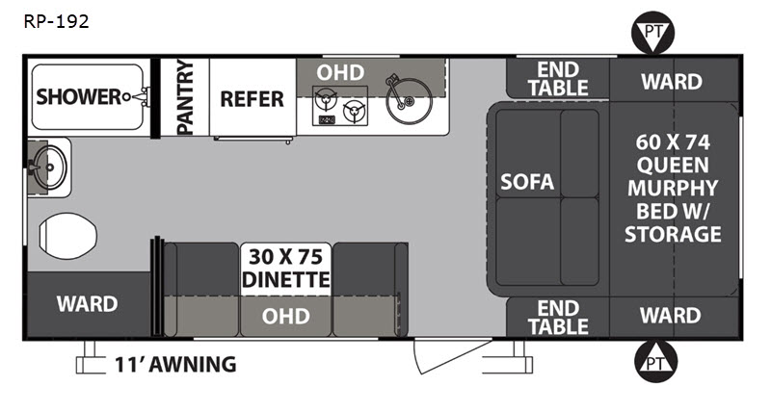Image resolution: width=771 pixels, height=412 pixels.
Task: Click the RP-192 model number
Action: tap(57, 21)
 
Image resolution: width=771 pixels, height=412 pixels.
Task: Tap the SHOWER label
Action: tap(78, 96)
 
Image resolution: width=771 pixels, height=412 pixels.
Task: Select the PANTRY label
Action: tap(185, 97)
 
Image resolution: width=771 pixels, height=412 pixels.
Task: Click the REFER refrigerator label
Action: tap(252, 99)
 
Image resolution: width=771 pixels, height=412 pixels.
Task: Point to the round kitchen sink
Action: tap(409, 101)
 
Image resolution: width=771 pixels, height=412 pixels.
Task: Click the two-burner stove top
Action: tap(340, 106)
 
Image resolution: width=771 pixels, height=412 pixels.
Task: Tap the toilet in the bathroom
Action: tap(67, 236)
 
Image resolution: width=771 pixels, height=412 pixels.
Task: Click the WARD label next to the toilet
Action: tap(87, 304)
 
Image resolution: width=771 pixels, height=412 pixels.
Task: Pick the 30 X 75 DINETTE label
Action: tap(285, 269)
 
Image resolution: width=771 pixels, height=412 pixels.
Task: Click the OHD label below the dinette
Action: tap(285, 317)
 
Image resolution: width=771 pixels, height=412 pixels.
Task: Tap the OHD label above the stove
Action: tap(340, 72)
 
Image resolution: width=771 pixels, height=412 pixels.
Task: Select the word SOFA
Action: tap(527, 182)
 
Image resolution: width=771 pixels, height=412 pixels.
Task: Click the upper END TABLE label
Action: tap(558, 79)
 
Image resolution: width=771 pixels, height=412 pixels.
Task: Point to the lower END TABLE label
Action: tap(558, 318)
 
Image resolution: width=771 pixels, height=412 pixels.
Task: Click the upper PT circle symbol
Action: tap(653, 33)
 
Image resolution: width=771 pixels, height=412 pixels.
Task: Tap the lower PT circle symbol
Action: tap(656, 362)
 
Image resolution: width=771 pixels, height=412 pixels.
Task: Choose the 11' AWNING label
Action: tap(175, 365)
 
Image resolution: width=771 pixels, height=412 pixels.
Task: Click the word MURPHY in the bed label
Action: tap(673, 188)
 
